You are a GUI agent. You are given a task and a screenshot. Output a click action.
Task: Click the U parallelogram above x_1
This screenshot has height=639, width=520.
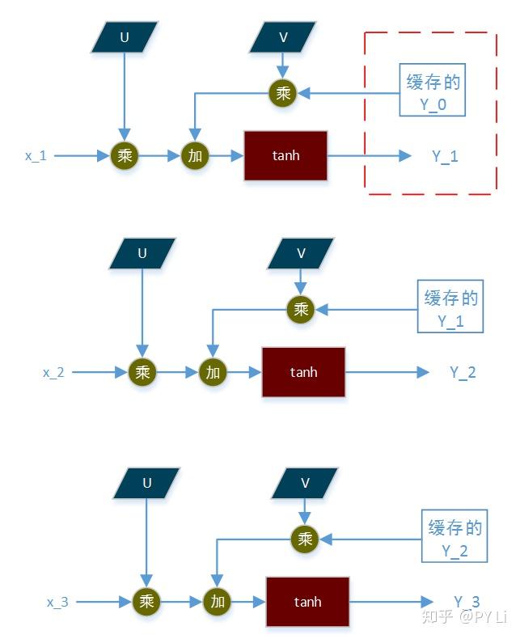[x=124, y=36]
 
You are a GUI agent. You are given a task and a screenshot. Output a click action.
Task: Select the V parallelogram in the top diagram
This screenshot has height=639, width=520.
[x=282, y=36]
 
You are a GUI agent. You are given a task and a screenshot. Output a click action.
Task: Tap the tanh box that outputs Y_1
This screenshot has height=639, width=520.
[x=285, y=155]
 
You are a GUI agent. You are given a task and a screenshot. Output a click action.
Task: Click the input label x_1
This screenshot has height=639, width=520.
[x=36, y=155]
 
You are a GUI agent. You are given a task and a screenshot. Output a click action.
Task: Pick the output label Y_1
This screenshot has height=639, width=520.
[x=445, y=156]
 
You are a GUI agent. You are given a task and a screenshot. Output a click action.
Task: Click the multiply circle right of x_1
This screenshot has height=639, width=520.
[x=124, y=155]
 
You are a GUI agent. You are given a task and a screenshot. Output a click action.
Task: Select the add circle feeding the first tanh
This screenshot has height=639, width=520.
[x=195, y=155]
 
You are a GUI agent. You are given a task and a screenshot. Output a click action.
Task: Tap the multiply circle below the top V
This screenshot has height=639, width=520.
[x=282, y=93]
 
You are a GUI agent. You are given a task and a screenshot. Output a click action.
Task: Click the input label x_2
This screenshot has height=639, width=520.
[x=53, y=372]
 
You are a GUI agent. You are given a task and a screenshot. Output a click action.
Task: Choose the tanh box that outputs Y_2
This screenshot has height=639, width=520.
[x=303, y=372]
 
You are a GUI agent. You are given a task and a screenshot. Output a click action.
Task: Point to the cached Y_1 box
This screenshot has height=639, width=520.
[x=451, y=308]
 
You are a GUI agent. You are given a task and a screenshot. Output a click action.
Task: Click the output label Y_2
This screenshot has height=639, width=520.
[x=463, y=372]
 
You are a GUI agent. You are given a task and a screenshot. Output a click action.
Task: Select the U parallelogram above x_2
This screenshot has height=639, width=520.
[x=142, y=253]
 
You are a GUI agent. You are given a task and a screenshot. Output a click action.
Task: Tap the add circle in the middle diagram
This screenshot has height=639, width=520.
[x=213, y=372]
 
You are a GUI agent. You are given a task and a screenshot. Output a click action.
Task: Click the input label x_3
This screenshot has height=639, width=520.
[x=58, y=602]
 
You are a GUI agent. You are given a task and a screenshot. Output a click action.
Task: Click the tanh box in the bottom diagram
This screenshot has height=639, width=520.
[x=307, y=602]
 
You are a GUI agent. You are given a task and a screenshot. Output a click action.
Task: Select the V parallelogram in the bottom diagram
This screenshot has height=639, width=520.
[x=305, y=483]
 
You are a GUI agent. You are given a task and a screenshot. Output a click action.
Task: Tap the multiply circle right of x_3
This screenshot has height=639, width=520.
[x=146, y=602]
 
